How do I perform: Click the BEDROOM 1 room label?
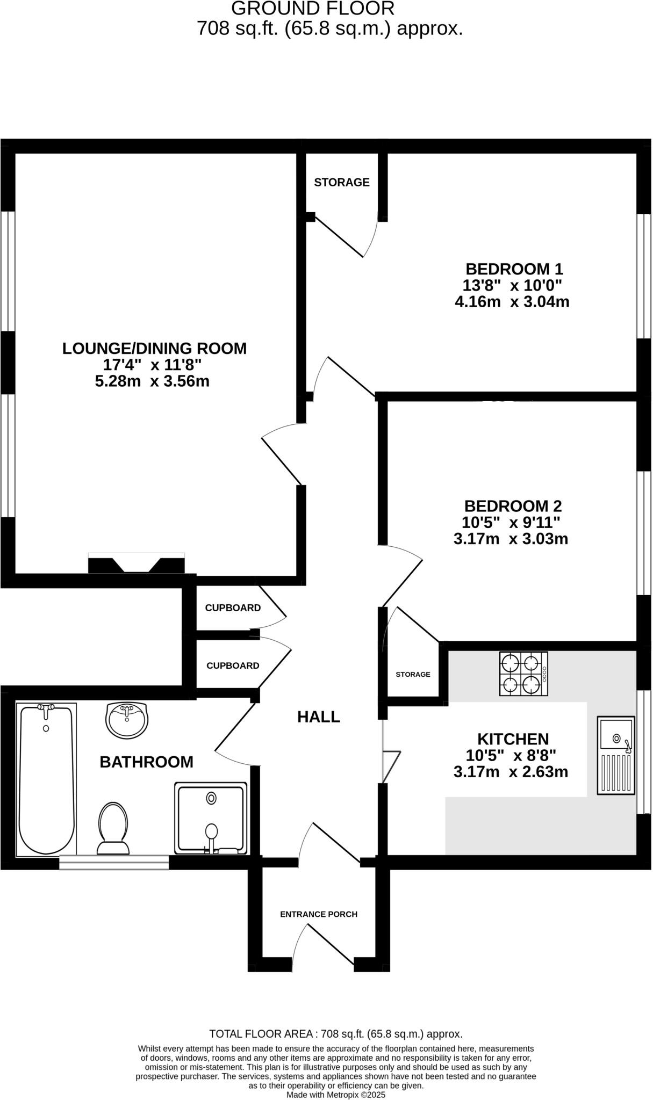(514, 269)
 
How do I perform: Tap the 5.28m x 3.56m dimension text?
(152, 381)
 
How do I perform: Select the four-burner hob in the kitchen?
(523, 674)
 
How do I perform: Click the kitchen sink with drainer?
(616, 755)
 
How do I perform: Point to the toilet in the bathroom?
(113, 828)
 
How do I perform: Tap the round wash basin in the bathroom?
(127, 720)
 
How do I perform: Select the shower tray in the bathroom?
(211, 817)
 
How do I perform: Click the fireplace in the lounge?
(137, 563)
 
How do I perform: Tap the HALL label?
(319, 717)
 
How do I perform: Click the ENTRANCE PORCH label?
(319, 914)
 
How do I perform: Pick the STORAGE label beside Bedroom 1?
(342, 183)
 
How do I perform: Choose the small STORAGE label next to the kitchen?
(413, 674)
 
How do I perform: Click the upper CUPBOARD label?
(233, 608)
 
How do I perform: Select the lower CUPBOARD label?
(233, 665)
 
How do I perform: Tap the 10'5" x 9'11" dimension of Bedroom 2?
(511, 522)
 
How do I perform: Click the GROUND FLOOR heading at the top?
(313, 9)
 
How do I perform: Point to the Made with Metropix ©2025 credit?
(336, 1095)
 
